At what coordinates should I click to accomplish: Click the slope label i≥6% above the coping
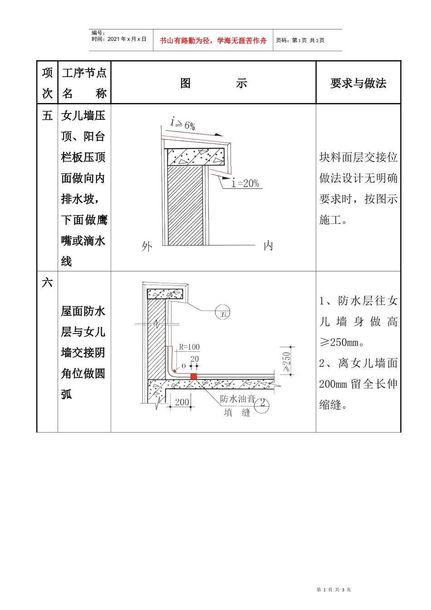pyautogui.click(x=182, y=124)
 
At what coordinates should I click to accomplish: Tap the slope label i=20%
pyautogui.click(x=245, y=183)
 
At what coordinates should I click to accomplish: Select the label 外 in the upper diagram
pyautogui.click(x=147, y=246)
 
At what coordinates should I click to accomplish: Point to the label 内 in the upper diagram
pyautogui.click(x=268, y=246)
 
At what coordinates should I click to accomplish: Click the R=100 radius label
pyautogui.click(x=189, y=347)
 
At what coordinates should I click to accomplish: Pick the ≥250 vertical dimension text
pyautogui.click(x=287, y=362)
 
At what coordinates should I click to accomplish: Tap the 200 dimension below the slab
pyautogui.click(x=182, y=402)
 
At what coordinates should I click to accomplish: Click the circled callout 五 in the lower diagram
pyautogui.click(x=223, y=314)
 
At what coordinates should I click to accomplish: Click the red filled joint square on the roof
pyautogui.click(x=194, y=376)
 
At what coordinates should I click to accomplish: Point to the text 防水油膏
pyautogui.click(x=237, y=398)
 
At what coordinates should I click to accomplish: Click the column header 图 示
pyautogui.click(x=213, y=84)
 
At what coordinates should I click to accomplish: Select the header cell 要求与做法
pyautogui.click(x=358, y=84)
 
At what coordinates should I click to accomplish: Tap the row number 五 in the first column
pyautogui.click(x=47, y=116)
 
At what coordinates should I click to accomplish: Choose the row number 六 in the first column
pyautogui.click(x=47, y=283)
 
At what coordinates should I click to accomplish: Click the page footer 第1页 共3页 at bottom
pyautogui.click(x=333, y=590)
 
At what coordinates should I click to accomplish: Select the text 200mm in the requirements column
pyautogui.click(x=333, y=384)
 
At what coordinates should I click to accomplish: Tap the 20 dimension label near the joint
pyautogui.click(x=195, y=359)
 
